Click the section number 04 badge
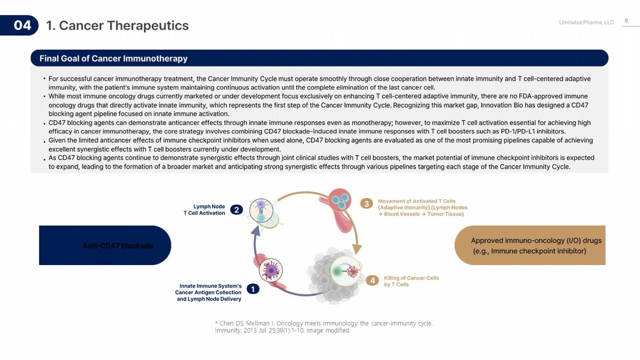[19, 25]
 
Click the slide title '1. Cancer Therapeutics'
[118, 26]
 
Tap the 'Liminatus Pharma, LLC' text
[586, 22]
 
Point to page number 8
[626, 20]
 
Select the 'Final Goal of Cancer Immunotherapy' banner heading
[113, 58]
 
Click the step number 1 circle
[253, 289]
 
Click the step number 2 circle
[237, 210]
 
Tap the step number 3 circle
[366, 204]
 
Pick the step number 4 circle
[372, 281]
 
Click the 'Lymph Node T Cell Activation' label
[204, 210]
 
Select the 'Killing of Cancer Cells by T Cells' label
[411, 281]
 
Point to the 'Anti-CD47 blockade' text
[118, 246]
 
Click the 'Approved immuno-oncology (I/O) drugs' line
[536, 240]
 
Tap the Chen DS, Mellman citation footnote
[324, 327]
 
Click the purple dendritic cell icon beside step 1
[271, 270]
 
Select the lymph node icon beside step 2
[261, 211]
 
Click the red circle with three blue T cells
[340, 200]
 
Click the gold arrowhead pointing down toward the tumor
[356, 249]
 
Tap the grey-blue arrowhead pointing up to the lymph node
[256, 230]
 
